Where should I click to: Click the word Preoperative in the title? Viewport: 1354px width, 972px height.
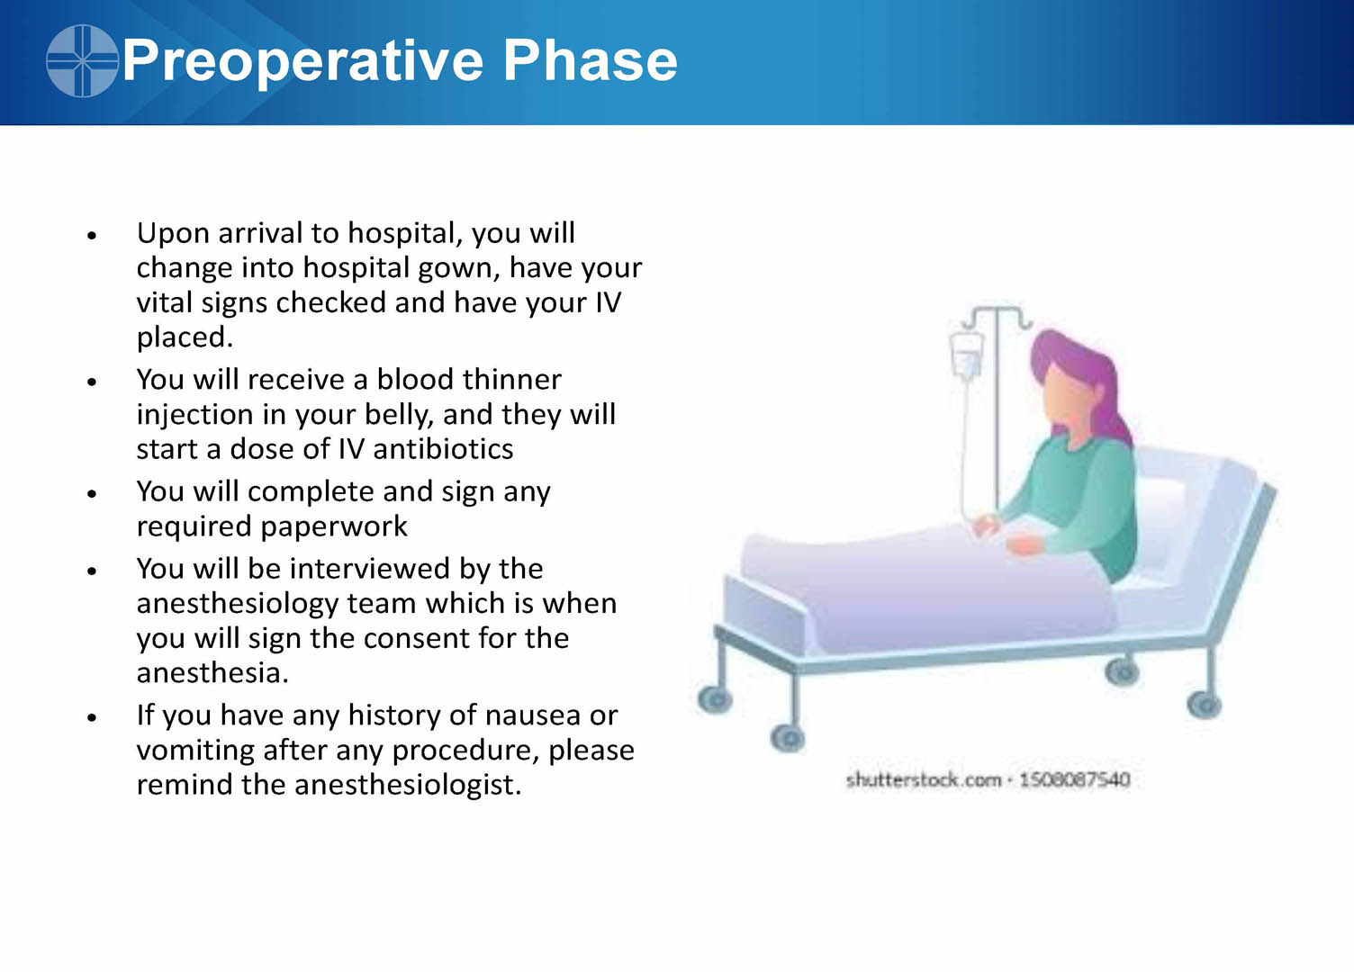tap(302, 62)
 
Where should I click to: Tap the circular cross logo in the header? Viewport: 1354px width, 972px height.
tap(82, 60)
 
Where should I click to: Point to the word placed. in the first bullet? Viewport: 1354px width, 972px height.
tap(185, 337)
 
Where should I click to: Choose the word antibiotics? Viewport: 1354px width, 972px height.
tap(443, 449)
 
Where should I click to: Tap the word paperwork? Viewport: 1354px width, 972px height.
tap(334, 526)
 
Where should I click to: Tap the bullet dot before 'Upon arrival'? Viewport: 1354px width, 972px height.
tap(92, 235)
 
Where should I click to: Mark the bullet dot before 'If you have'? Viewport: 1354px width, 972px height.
tap(92, 717)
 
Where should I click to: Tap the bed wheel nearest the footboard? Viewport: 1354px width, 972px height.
tap(715, 699)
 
